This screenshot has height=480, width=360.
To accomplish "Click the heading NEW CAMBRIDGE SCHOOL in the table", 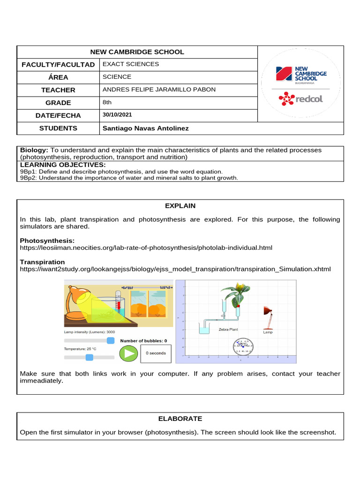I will click(x=137, y=52).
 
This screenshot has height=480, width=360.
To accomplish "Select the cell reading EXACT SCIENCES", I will click(x=131, y=64).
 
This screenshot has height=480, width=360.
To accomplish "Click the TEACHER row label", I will click(x=58, y=90).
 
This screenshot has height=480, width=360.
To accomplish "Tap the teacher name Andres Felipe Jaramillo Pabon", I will click(x=159, y=90).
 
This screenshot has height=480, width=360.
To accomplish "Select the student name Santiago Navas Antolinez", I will click(x=146, y=128).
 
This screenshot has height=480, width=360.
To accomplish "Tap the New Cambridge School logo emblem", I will click(x=284, y=74).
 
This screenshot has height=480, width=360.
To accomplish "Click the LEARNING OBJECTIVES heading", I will click(x=63, y=165).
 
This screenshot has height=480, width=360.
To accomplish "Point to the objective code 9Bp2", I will click(x=28, y=178).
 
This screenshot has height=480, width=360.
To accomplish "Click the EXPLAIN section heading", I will click(x=180, y=206).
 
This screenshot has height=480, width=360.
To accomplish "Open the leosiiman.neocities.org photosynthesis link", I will click(x=146, y=247).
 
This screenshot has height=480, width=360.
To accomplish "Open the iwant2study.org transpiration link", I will click(x=175, y=269).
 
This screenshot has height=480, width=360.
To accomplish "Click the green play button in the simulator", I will click(x=128, y=353).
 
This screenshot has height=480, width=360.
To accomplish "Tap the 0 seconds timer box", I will click(x=156, y=353).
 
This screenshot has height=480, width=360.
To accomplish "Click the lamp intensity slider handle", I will click(x=111, y=340).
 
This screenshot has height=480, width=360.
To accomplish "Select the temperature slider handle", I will click(x=90, y=357).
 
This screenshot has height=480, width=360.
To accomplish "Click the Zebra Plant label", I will click(x=228, y=330).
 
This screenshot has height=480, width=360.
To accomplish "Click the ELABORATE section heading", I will click(x=180, y=419).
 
